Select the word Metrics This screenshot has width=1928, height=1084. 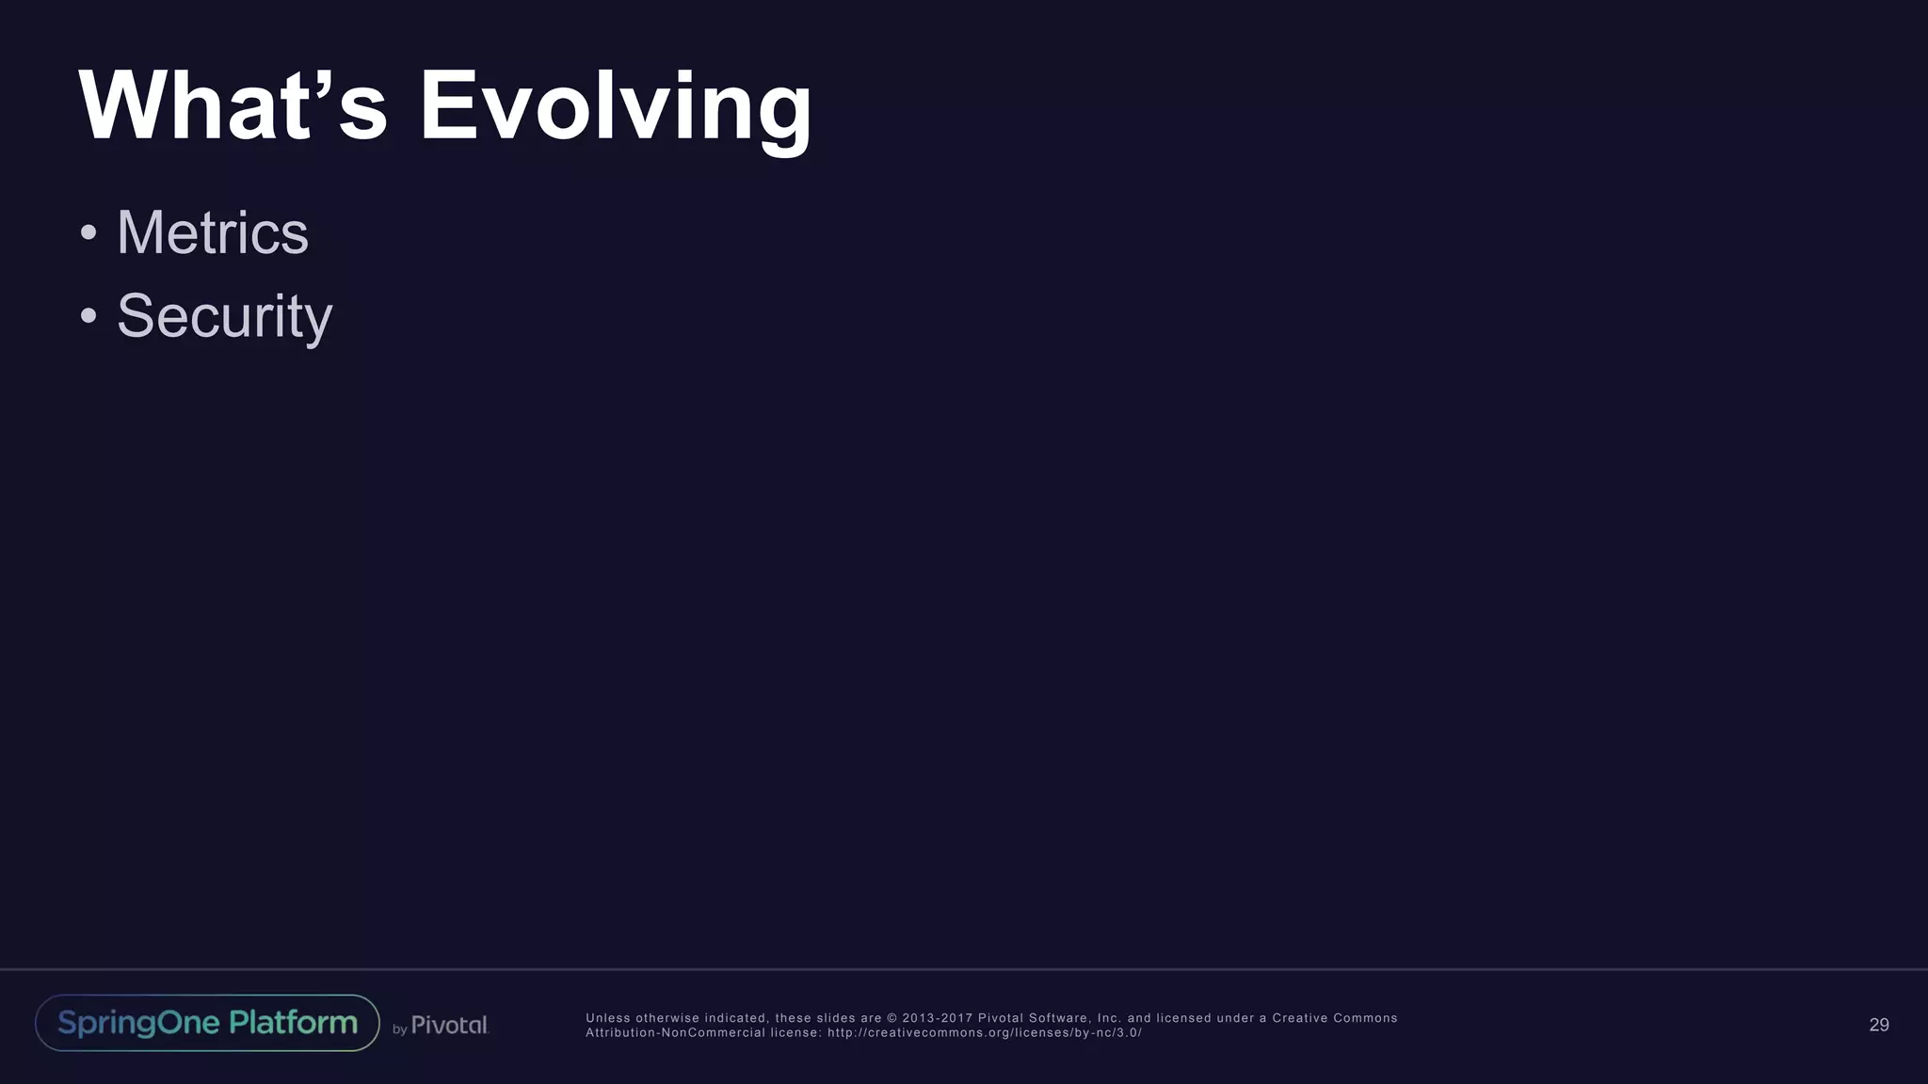coord(212,232)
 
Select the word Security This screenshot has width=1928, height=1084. coord(224,316)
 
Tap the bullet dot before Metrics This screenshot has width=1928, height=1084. coord(88,232)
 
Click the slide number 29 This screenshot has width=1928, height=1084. coord(1878,1025)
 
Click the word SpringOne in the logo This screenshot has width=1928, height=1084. coord(138,1023)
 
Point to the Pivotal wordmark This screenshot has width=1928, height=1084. coord(449,1025)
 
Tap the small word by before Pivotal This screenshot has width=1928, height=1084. coord(399,1029)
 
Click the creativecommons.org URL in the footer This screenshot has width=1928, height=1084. coord(984,1033)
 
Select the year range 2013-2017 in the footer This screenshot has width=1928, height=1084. coord(937,1018)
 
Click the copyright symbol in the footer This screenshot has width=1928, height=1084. coord(892,1018)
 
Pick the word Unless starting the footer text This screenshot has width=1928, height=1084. coord(608,1018)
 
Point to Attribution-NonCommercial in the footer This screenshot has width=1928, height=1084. coord(675,1033)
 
